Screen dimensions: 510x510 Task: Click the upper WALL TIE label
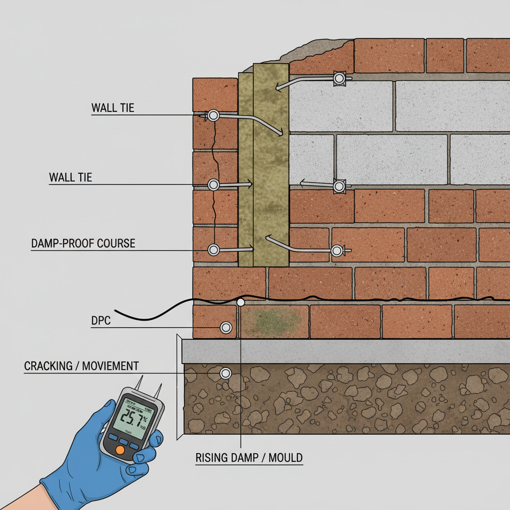click(113, 108)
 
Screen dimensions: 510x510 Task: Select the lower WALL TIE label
click(70, 177)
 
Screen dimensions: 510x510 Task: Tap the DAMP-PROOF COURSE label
click(83, 244)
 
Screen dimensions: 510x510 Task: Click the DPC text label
click(101, 321)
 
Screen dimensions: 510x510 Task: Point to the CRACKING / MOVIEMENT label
click(81, 366)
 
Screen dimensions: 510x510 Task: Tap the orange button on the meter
click(120, 450)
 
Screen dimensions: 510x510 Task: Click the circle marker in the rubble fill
click(226, 373)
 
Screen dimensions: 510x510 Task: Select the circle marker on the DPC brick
click(226, 327)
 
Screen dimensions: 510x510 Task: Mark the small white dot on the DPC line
click(241, 302)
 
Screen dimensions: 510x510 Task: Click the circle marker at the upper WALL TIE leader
click(214, 116)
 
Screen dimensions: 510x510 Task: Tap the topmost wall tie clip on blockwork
click(340, 78)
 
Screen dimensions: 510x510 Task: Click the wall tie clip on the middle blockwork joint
click(339, 186)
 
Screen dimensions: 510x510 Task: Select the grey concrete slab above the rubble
click(344, 351)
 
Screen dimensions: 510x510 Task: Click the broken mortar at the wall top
click(299, 50)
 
